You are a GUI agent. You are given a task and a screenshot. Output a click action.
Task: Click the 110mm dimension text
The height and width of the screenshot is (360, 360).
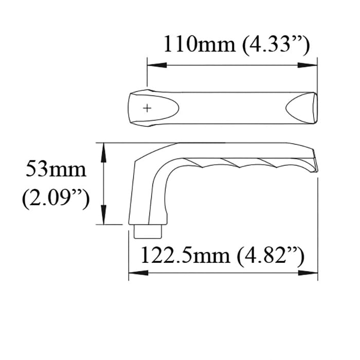199,45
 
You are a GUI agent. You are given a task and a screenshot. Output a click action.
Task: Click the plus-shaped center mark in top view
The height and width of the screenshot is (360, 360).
148,108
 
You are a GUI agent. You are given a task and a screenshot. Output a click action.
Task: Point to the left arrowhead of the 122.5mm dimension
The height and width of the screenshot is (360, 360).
135,273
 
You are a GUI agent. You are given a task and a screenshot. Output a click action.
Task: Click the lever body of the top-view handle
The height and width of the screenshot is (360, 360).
231,107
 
